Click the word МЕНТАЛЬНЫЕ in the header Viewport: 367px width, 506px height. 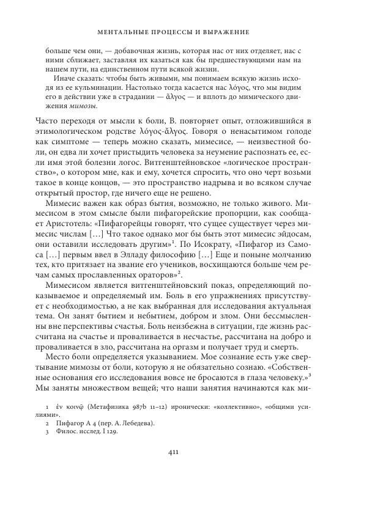pyautogui.click(x=125, y=31)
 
